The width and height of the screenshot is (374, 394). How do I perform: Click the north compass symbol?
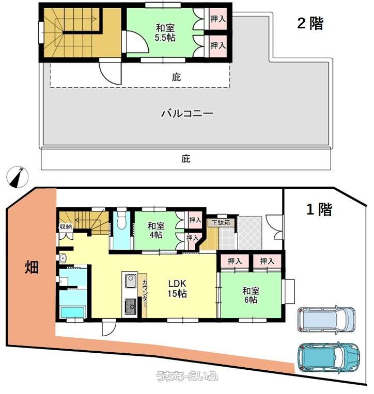tap(18, 177)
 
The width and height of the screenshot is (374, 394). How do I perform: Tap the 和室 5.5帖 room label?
tap(165, 32)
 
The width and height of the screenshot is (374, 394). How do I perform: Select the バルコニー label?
tap(187, 113)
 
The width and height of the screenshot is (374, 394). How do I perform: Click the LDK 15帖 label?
tap(177, 288)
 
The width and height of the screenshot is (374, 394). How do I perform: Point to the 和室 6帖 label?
tap(251, 295)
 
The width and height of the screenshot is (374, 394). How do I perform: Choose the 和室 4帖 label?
tap(156, 230)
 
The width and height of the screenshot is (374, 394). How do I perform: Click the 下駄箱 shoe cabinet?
tap(221, 223)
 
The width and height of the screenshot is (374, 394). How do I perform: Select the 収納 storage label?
tap(66, 226)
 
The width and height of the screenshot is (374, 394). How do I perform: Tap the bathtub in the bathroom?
tap(73, 313)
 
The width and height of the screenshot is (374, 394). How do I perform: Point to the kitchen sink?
tap(130, 281)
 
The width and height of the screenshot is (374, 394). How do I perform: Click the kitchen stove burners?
tap(131, 306)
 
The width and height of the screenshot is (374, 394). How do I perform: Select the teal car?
tap(329, 357)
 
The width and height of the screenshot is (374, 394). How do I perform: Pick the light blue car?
tap(326, 320)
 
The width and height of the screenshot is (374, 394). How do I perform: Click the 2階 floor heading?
tap(310, 24)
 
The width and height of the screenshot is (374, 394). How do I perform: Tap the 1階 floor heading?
tap(319, 209)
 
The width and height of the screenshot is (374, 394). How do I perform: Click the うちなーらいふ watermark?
tap(187, 376)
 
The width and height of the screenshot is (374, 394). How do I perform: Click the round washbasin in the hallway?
tap(63, 258)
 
